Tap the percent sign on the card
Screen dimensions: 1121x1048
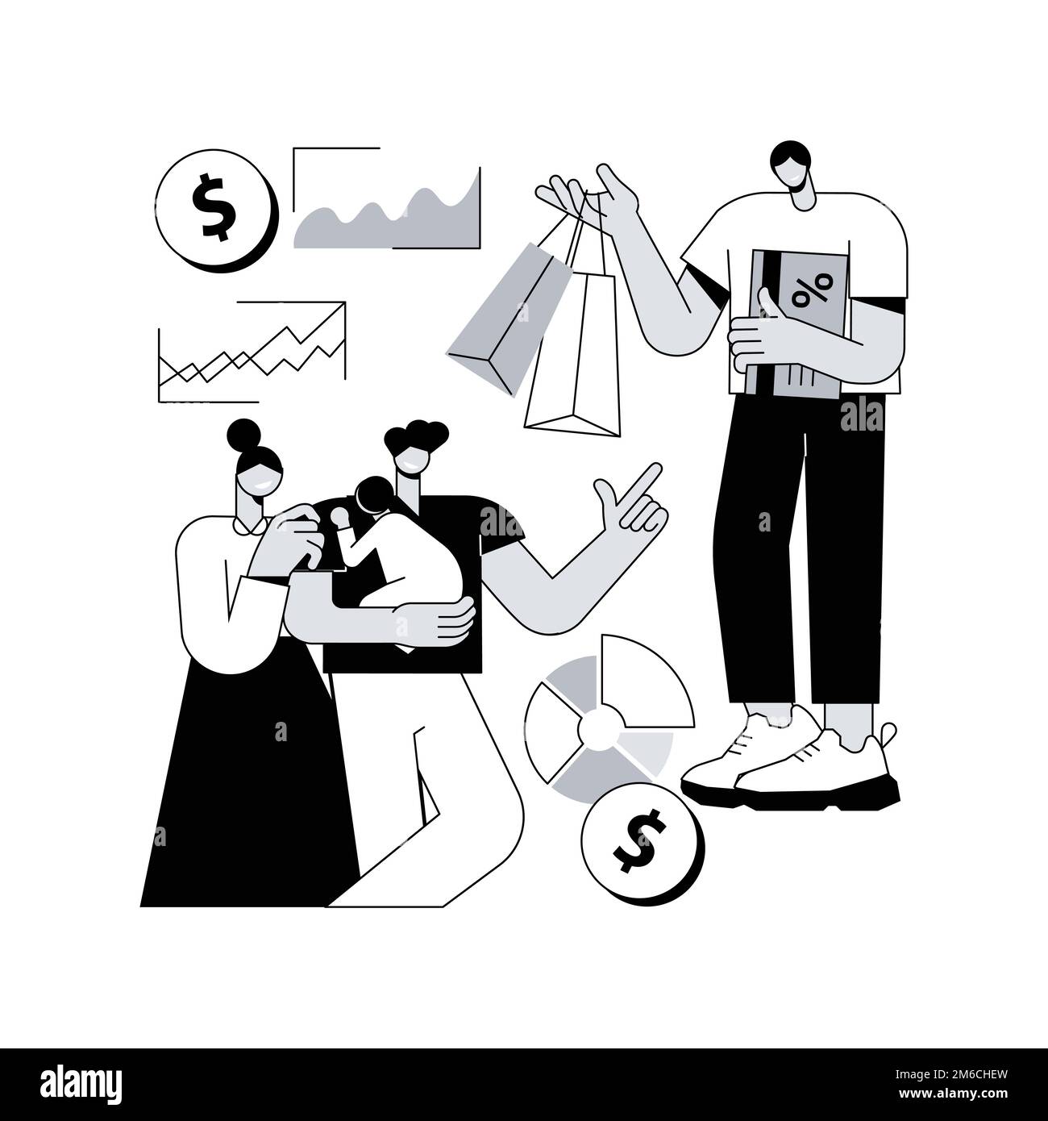coord(811,290)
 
